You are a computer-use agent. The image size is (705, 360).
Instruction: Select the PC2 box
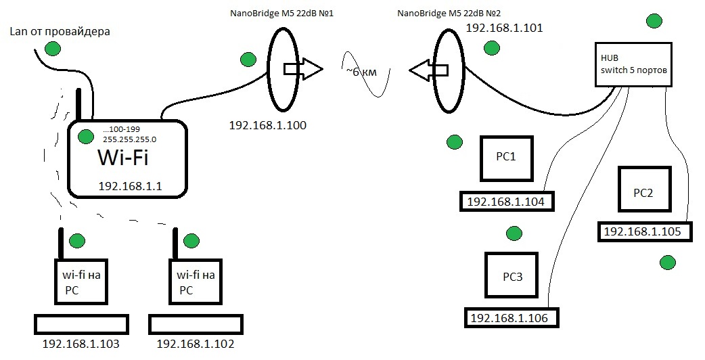tap(643, 192)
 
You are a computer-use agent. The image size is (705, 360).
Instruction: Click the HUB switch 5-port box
tap(633, 64)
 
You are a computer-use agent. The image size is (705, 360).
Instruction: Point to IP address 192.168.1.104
tap(506, 201)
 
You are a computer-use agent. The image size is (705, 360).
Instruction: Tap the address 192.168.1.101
tap(504, 28)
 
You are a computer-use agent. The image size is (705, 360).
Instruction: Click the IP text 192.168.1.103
tap(81, 344)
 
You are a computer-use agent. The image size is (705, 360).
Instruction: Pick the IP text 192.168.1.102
tap(196, 344)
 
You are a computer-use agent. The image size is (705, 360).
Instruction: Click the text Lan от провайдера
tap(60, 31)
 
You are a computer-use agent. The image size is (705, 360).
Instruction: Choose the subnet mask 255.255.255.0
tap(129, 139)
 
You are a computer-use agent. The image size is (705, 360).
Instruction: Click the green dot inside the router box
tap(85, 137)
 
